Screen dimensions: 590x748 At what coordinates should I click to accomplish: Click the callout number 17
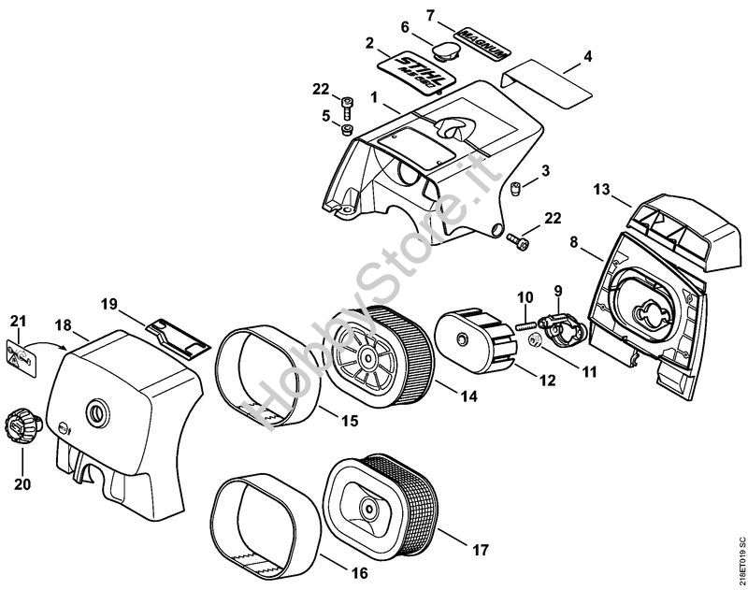pyautogui.click(x=480, y=550)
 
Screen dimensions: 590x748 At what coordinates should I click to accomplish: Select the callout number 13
pyautogui.click(x=601, y=191)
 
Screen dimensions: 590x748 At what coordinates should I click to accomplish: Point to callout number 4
pyautogui.click(x=587, y=57)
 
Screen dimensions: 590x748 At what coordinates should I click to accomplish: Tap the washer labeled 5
pyautogui.click(x=346, y=128)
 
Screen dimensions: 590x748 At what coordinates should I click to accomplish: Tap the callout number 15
pyautogui.click(x=348, y=422)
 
